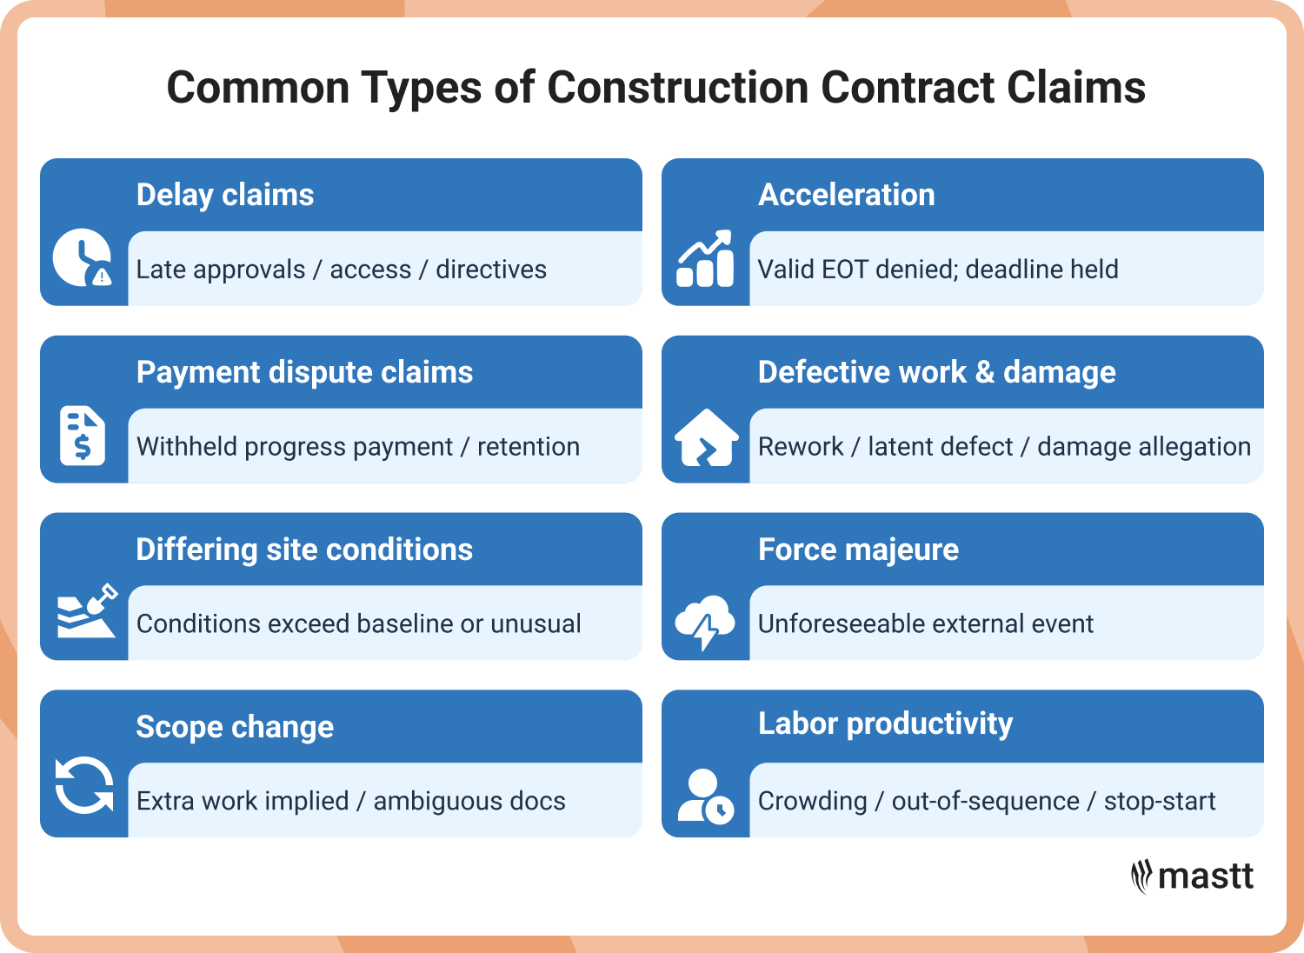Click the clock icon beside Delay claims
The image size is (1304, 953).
pyautogui.click(x=83, y=258)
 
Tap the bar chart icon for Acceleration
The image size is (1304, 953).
pyautogui.click(x=705, y=259)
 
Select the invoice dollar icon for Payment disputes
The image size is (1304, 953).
pyautogui.click(x=83, y=435)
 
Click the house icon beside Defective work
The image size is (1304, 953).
pyautogui.click(x=706, y=437)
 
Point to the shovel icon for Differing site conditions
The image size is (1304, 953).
pyautogui.click(x=86, y=611)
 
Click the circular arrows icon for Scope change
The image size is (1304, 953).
pyautogui.click(x=84, y=785)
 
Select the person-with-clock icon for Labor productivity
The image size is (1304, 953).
pyautogui.click(x=705, y=796)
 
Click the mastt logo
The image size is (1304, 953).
pyautogui.click(x=1193, y=876)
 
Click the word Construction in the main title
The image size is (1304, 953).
pyautogui.click(x=677, y=88)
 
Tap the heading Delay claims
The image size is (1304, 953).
pyautogui.click(x=225, y=195)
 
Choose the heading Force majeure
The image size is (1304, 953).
pyautogui.click(x=858, y=550)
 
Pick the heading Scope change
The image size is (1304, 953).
pyautogui.click(x=235, y=727)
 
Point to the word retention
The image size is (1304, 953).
pyautogui.click(x=528, y=447)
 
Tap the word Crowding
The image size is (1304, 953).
pyautogui.click(x=812, y=801)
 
